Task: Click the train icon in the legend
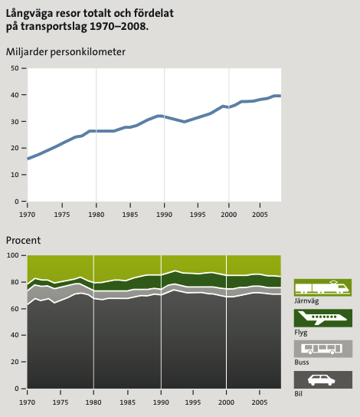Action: [322, 287]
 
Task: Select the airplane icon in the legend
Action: [322, 318]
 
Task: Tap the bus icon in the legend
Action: [322, 349]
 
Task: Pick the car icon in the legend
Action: [322, 379]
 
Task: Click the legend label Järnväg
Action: [306, 301]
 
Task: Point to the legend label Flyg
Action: [301, 333]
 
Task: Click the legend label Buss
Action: [302, 363]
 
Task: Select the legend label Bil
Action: [298, 393]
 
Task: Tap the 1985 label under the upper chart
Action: [130, 215]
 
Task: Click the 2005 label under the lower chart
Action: [260, 402]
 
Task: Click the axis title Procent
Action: [24, 241]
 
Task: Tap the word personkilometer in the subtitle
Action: [87, 52]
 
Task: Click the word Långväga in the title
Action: [30, 14]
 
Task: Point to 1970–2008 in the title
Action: [119, 26]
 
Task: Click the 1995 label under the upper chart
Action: [198, 215]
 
